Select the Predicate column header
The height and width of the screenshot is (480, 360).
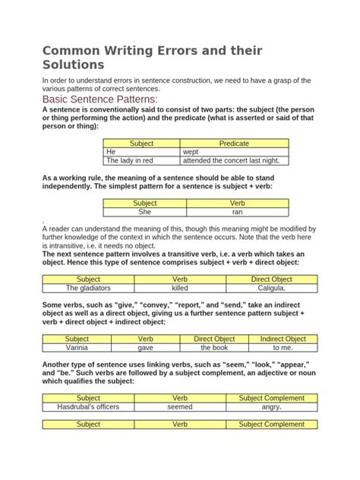click(x=234, y=143)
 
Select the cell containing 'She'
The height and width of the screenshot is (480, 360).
click(x=144, y=213)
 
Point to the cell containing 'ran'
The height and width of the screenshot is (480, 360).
click(x=236, y=213)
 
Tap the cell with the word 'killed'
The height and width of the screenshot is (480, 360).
click(x=179, y=289)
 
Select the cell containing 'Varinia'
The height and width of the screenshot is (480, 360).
click(x=77, y=348)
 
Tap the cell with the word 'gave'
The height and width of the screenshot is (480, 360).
click(x=145, y=348)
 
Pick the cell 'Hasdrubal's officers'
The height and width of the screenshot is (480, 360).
click(x=88, y=407)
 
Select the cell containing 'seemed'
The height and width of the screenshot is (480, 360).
click(x=179, y=407)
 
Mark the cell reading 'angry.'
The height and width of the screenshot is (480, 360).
click(x=271, y=407)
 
